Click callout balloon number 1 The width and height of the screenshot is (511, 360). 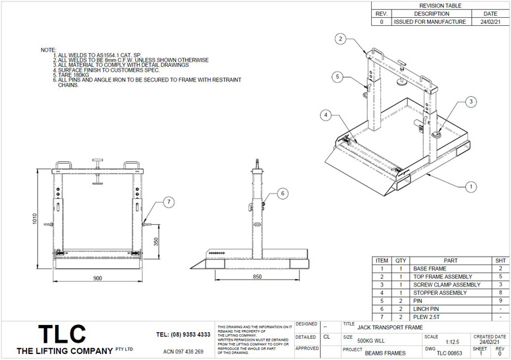point(471,187)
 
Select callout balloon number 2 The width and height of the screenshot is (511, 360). point(339,39)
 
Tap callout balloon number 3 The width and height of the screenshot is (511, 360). point(471,101)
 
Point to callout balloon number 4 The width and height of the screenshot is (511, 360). point(325,115)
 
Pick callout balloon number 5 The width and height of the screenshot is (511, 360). point(337,77)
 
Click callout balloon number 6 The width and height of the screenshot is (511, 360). point(282,194)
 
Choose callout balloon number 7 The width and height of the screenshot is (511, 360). point(168,201)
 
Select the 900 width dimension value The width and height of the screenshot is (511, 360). point(97,278)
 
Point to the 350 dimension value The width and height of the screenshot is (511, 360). point(156,242)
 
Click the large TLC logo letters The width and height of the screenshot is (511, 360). point(61,333)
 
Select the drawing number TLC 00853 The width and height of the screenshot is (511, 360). point(449,353)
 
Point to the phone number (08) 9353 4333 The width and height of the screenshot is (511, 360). point(184,335)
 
